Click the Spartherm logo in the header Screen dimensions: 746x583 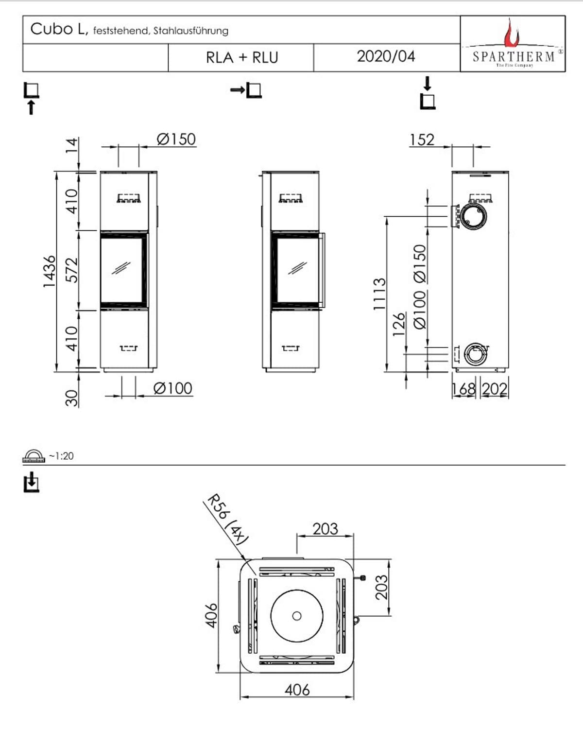tap(513, 44)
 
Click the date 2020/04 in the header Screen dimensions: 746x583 tap(386, 56)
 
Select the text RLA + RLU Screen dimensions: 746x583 tap(242, 57)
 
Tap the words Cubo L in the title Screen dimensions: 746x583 tap(58, 29)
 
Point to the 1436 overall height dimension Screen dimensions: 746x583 tap(49, 271)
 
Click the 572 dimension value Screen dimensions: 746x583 tap(71, 271)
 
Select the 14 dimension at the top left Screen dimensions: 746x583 tap(71, 145)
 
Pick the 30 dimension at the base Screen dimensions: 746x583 tap(71, 397)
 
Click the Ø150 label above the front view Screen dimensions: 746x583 tap(176, 139)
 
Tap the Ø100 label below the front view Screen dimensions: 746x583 tap(172, 388)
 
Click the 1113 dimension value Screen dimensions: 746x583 tap(379, 294)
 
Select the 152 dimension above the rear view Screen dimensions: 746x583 tap(421, 140)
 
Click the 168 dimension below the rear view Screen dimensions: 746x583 tap(463, 389)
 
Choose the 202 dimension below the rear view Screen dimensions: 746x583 tap(495, 389)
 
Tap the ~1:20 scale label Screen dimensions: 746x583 tap(61, 456)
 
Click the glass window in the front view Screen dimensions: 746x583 tap(121, 270)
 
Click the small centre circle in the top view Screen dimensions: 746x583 tap(296, 616)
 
